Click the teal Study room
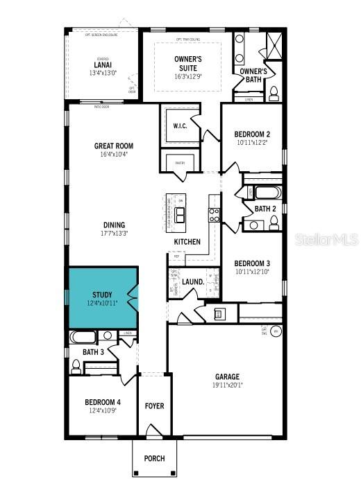[x=101, y=298]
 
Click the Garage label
[x=226, y=376]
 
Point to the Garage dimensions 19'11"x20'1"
[x=226, y=385]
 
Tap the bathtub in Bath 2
[x=264, y=193]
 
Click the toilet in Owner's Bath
[x=274, y=92]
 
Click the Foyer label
[x=154, y=406]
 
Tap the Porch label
[x=154, y=459]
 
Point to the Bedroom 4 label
[x=103, y=403]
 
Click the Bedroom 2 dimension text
[x=252, y=143]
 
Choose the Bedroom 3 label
[x=252, y=263]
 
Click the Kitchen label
[x=187, y=242]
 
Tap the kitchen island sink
[x=180, y=212]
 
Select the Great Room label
[x=114, y=146]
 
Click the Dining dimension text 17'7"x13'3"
[x=114, y=234]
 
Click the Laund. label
[x=192, y=282]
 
